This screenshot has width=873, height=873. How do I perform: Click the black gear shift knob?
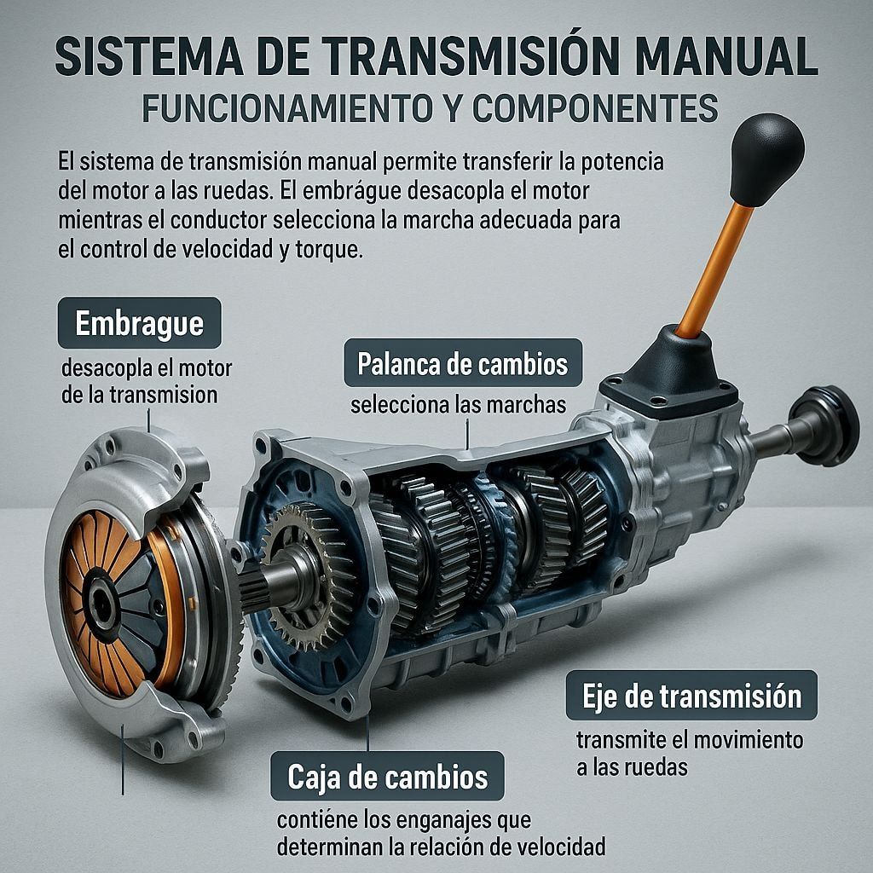tap(766, 159)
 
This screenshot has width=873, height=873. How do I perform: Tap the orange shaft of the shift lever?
tap(714, 271)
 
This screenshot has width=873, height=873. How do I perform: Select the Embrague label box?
tap(139, 323)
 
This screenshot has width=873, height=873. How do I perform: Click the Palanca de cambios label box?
tap(463, 363)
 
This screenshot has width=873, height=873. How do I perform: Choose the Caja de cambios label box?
tap(388, 776)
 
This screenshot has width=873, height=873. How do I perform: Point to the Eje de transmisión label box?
tap(691, 696)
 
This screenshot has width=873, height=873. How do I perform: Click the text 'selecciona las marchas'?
tap(458, 405)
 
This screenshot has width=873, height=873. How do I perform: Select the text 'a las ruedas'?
tap(632, 767)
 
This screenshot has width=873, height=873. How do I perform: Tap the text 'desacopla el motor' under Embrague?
tap(147, 368)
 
